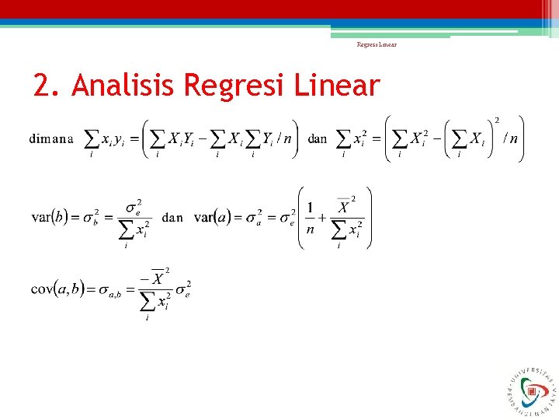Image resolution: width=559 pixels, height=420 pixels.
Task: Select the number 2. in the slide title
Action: (48, 86)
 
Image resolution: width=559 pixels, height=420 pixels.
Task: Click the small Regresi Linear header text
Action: (377, 44)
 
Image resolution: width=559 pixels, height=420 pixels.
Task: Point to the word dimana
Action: (52, 139)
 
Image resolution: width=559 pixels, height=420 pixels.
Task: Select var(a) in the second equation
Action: (213, 217)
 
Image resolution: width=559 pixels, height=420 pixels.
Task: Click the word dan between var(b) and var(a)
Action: (172, 218)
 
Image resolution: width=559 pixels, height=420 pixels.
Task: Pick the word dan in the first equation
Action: (318, 139)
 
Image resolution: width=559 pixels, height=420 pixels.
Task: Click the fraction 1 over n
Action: (311, 217)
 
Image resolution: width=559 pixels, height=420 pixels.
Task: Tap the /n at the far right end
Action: (510, 139)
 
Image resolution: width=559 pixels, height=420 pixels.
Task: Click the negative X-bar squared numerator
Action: (156, 278)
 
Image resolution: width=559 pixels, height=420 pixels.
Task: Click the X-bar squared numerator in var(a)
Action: (344, 207)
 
